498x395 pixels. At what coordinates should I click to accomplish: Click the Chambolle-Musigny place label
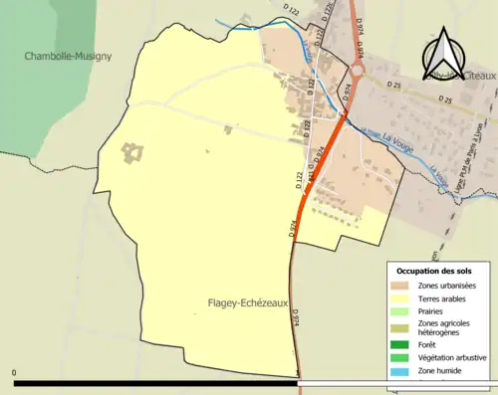point(69,57)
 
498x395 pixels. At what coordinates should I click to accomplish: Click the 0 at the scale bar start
point(15,373)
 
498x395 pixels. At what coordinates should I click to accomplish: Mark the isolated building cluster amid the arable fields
point(131,154)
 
